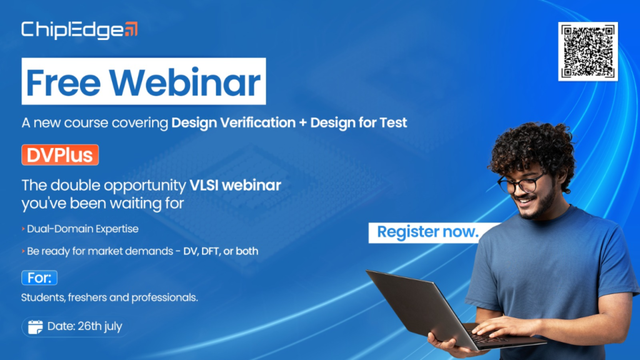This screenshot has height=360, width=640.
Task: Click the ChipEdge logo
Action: tap(79, 30)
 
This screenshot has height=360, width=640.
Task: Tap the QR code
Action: tap(587, 51)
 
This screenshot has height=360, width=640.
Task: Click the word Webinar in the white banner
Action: tap(184, 82)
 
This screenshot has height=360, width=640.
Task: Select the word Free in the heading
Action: tap(63, 82)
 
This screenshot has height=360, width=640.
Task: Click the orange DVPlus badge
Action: tap(60, 155)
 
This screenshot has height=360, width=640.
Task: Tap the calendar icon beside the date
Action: tap(35, 326)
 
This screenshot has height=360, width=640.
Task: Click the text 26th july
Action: tap(99, 326)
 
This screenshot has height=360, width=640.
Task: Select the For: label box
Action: tap(39, 278)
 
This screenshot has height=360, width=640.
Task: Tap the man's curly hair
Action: tap(532, 151)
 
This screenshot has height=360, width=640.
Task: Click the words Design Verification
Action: tap(234, 122)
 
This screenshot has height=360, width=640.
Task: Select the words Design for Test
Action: tap(358, 122)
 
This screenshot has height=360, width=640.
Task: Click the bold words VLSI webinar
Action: tap(236, 185)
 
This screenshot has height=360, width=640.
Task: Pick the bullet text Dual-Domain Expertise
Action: tap(82, 229)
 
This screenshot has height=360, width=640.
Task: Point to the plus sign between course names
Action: tap(303, 123)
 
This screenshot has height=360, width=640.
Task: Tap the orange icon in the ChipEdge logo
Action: tap(131, 29)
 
